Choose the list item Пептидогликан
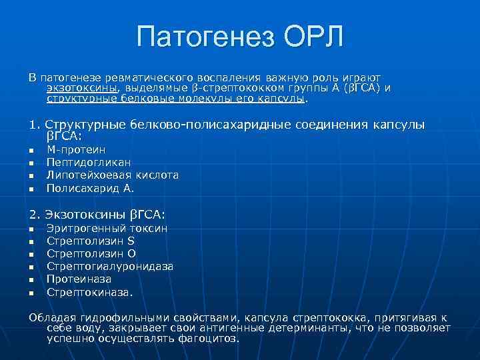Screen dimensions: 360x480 coord(89,163)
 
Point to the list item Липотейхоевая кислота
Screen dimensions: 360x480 coord(112,175)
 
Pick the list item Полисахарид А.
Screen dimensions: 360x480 coord(90,188)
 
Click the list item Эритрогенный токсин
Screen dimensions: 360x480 coord(107,229)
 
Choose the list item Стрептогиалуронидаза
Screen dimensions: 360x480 coord(110,267)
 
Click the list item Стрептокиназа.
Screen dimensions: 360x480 coord(90,292)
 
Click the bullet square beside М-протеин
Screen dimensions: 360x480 coord(31,152)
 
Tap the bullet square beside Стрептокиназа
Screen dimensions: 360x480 coord(31,293)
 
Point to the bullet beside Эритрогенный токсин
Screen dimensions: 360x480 coord(31,230)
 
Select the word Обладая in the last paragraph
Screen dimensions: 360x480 coord(51,317)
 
